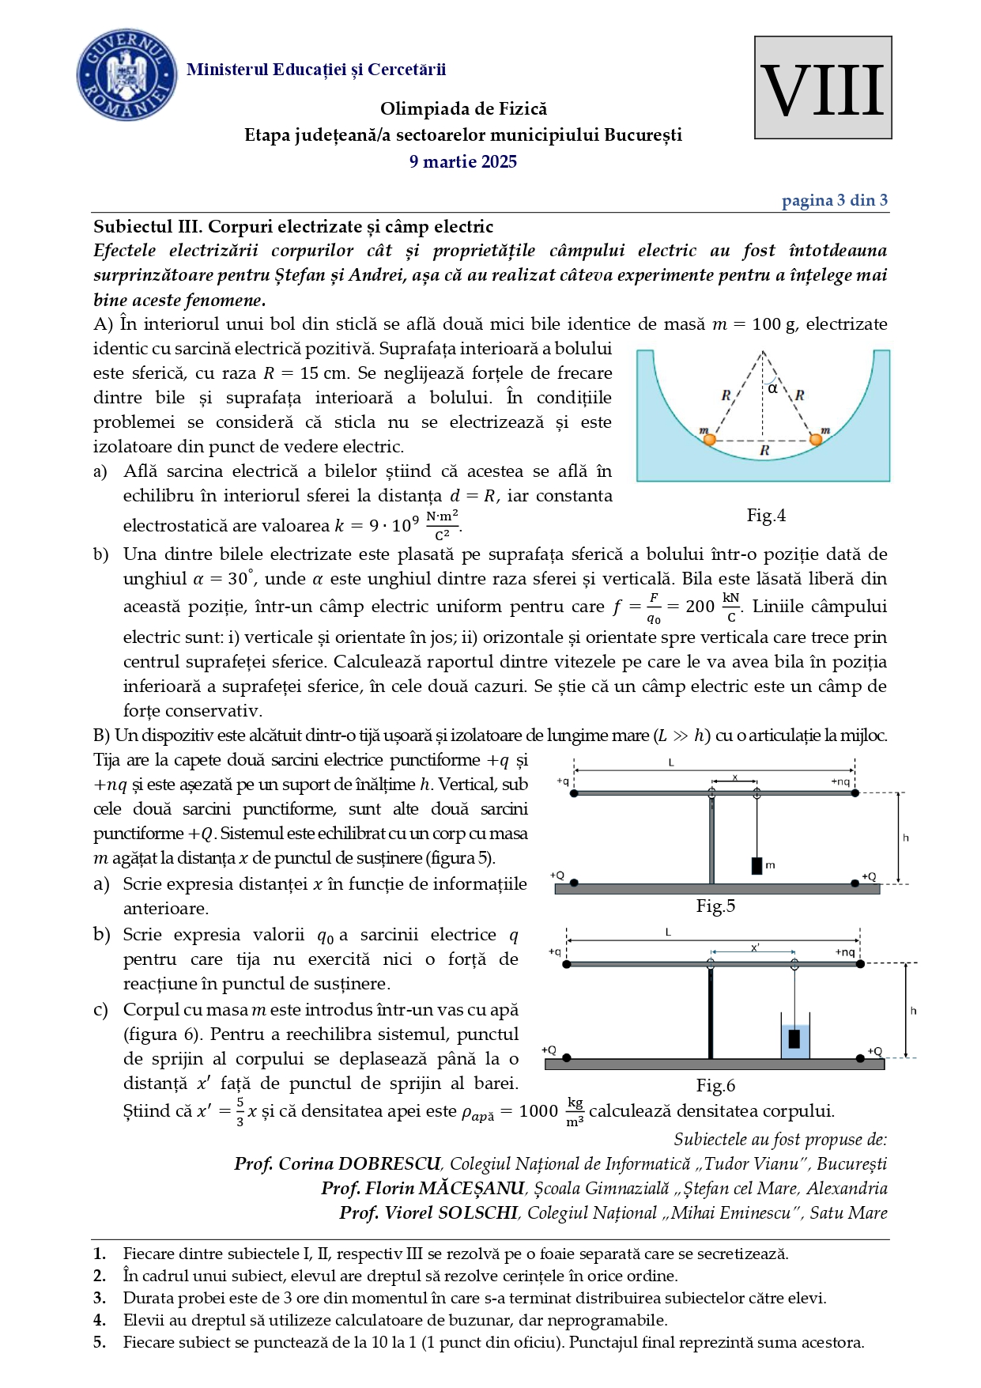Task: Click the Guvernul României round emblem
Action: (126, 75)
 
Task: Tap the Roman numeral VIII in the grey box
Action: (822, 89)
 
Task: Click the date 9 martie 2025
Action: (462, 162)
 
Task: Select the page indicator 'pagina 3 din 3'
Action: (834, 200)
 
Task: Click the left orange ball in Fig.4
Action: (709, 439)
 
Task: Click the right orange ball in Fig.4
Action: (816, 439)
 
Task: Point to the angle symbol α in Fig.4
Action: (772, 388)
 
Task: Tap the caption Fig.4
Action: (765, 516)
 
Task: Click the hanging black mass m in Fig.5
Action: (757, 865)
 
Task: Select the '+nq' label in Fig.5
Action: (840, 781)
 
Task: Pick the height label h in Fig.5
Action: (906, 838)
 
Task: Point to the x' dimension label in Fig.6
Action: (755, 947)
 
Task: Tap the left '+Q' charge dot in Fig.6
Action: (566, 1057)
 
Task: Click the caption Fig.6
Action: (715, 1085)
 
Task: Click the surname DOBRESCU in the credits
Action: (389, 1164)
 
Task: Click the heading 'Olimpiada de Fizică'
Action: (463, 109)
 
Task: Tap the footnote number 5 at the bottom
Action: (99, 1342)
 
